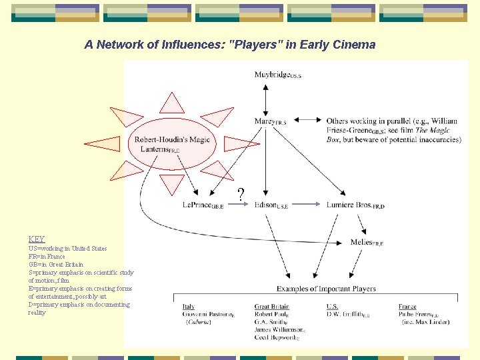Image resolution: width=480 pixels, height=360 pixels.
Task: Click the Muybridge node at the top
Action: point(277,75)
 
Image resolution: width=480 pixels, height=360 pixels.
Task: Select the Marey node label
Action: point(270,121)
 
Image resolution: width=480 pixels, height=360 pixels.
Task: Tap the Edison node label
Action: point(271,205)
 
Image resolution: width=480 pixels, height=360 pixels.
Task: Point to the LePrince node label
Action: point(203,205)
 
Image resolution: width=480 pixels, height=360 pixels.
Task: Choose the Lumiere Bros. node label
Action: point(355,205)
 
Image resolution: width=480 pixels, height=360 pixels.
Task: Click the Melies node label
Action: point(367,242)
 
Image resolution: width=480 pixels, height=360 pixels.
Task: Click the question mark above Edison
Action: point(241,194)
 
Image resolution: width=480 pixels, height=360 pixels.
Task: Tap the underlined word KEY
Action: point(37,239)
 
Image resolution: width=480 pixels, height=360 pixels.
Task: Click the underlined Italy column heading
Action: point(189,307)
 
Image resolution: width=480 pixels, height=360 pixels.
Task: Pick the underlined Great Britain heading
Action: point(271,307)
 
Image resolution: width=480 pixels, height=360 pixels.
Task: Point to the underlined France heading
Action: point(407,307)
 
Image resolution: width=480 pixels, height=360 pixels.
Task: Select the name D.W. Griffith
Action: point(347,315)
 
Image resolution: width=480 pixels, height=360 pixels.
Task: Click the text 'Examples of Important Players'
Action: point(326,289)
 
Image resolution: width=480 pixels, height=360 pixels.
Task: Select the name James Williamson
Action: point(279,329)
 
